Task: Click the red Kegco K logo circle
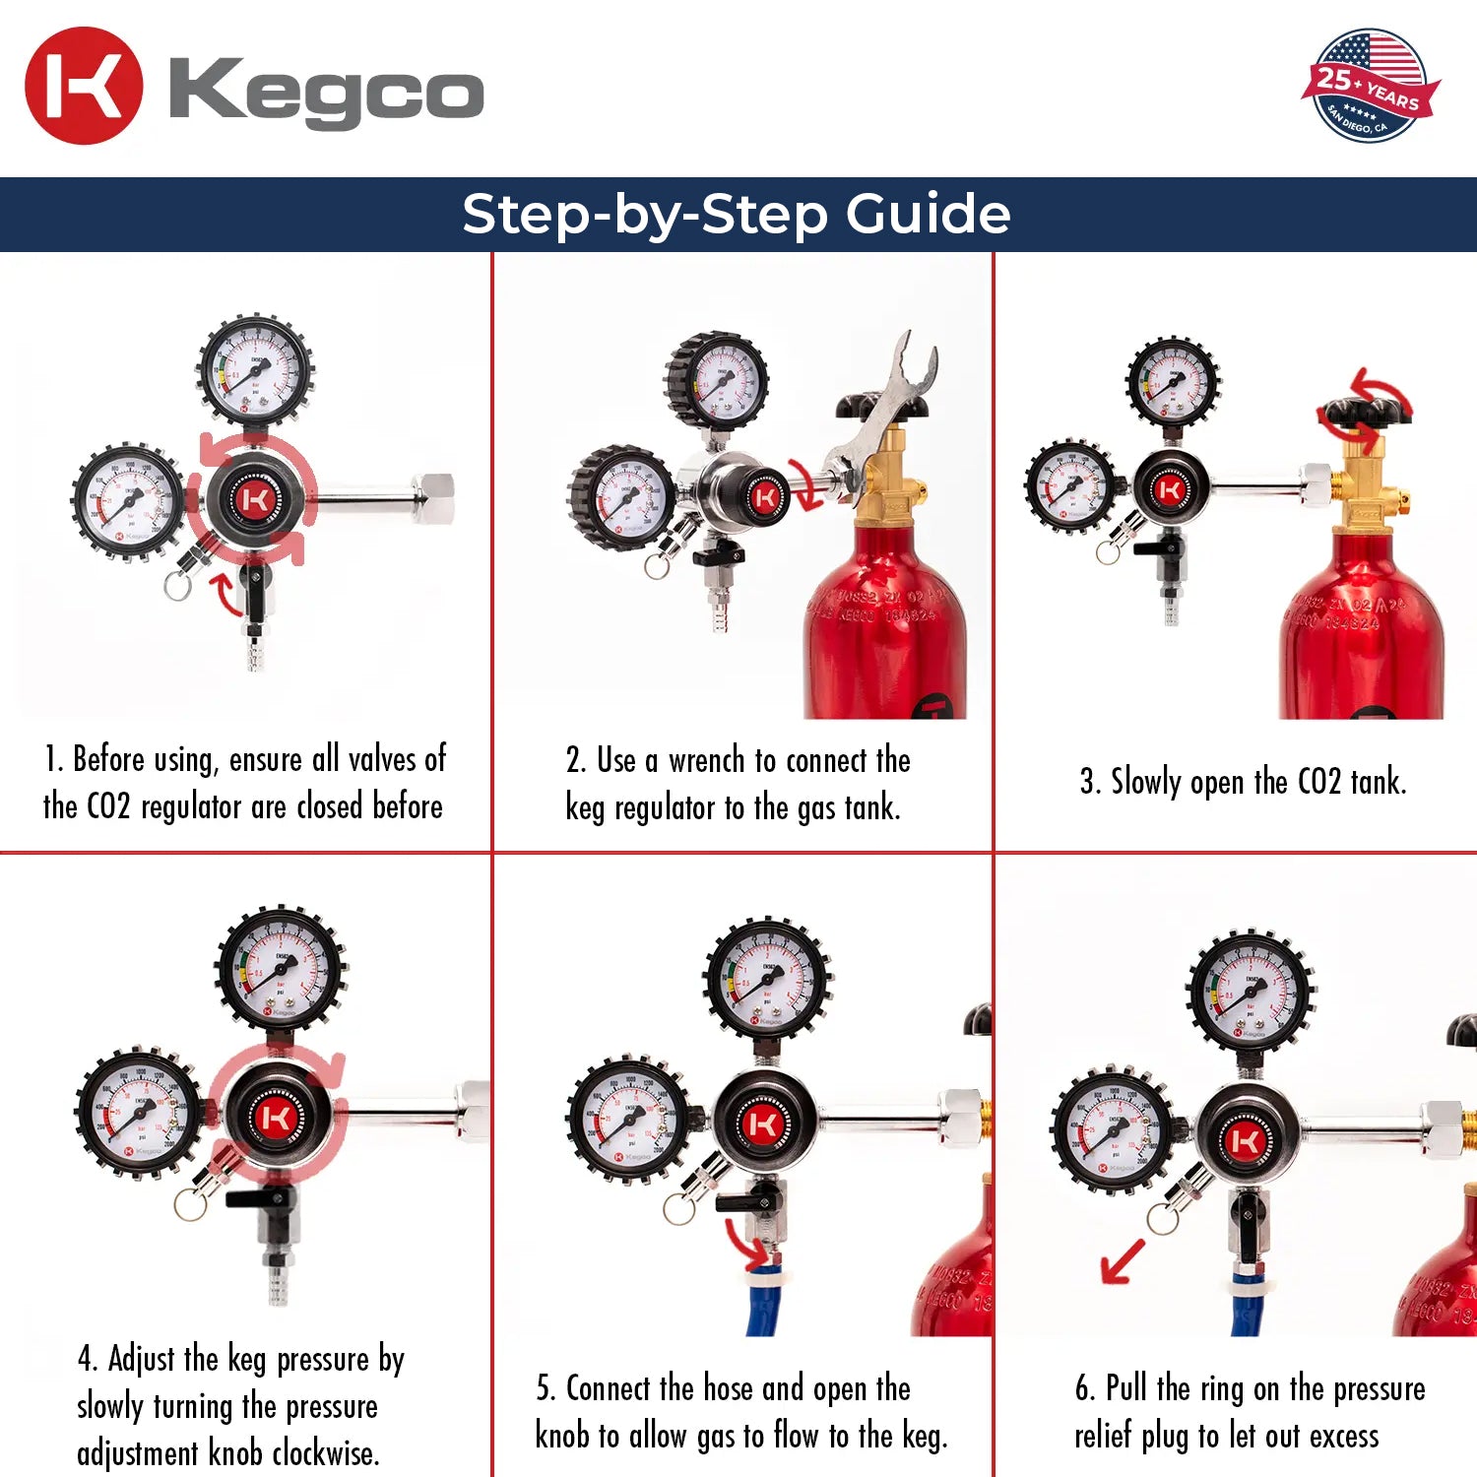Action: (84, 86)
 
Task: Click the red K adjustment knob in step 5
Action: (763, 1124)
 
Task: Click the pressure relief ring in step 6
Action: (1162, 1219)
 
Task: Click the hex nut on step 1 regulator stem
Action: (433, 492)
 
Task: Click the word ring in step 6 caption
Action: (1221, 1388)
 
